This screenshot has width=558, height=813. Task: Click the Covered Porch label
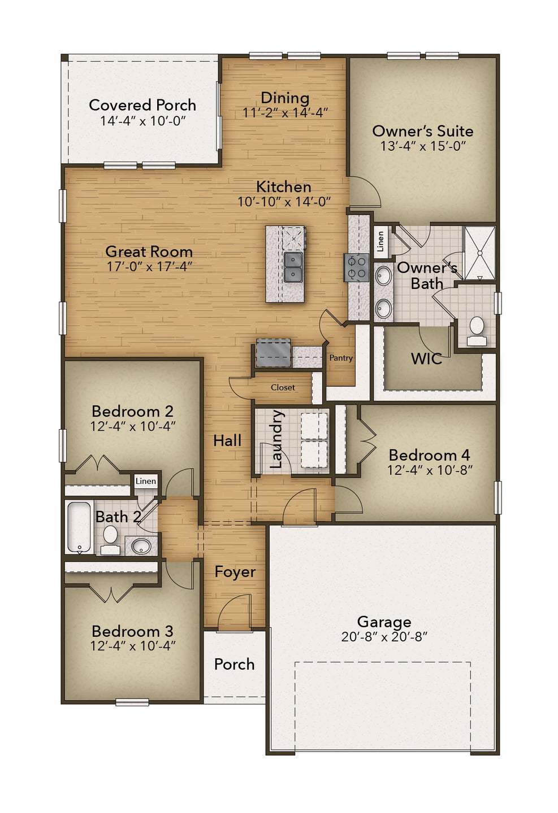142,105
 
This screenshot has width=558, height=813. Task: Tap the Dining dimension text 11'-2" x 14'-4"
285,113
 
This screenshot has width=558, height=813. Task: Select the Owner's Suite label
423,131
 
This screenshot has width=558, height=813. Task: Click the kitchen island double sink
293,266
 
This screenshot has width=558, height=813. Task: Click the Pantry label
341,358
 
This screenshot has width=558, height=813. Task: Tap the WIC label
426,359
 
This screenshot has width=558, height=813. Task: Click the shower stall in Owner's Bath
479,252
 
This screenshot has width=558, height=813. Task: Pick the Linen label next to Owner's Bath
380,241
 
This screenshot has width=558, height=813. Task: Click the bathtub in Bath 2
78,527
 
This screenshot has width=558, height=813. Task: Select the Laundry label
276,440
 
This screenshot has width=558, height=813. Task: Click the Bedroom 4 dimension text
430,470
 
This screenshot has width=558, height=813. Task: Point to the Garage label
384,622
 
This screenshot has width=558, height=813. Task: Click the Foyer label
235,572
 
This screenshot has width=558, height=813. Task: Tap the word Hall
227,440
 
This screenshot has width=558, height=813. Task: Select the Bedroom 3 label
132,631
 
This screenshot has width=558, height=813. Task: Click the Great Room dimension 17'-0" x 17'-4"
149,266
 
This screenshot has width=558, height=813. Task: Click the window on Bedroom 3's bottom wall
132,702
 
